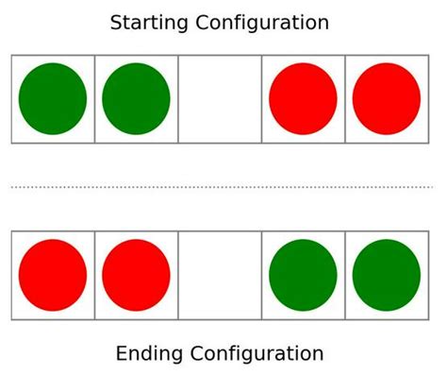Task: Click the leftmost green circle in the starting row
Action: [x=53, y=99]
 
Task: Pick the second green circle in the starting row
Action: [x=136, y=99]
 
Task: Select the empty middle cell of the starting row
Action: [x=220, y=99]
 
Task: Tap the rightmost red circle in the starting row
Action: [x=387, y=99]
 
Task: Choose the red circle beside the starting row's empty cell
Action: [x=303, y=99]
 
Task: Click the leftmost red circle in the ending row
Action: [x=53, y=275]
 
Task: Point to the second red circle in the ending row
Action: [x=136, y=275]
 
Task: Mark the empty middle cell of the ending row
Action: [x=220, y=275]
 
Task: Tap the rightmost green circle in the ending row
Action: [x=387, y=275]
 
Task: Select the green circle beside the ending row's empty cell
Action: [x=303, y=275]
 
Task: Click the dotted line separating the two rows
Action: [x=223, y=187]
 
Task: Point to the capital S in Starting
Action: [x=116, y=23]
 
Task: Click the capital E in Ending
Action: [x=122, y=354]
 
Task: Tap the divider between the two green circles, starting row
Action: [x=94, y=99]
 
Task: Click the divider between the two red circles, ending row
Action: [x=94, y=275]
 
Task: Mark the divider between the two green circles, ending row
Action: [x=345, y=275]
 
